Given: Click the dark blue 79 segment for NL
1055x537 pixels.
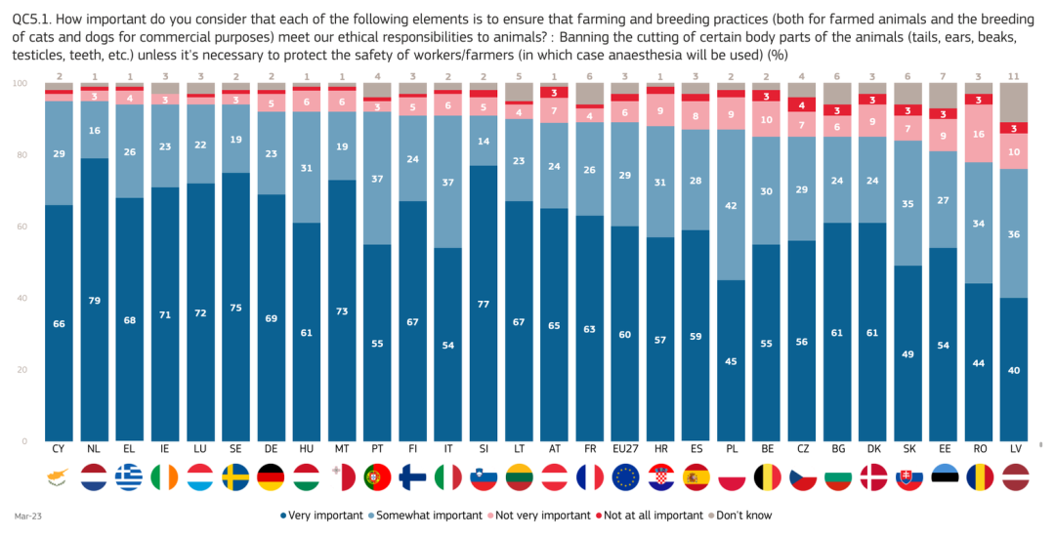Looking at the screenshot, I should (x=94, y=299).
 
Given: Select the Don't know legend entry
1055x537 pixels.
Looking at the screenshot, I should (x=745, y=516).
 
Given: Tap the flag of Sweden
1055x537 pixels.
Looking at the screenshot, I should (x=234, y=476).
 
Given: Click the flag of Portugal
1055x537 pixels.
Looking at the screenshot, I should (x=377, y=476).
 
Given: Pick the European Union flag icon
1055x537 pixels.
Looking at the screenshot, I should (x=625, y=476).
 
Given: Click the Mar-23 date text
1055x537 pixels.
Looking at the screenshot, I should (x=25, y=516).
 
